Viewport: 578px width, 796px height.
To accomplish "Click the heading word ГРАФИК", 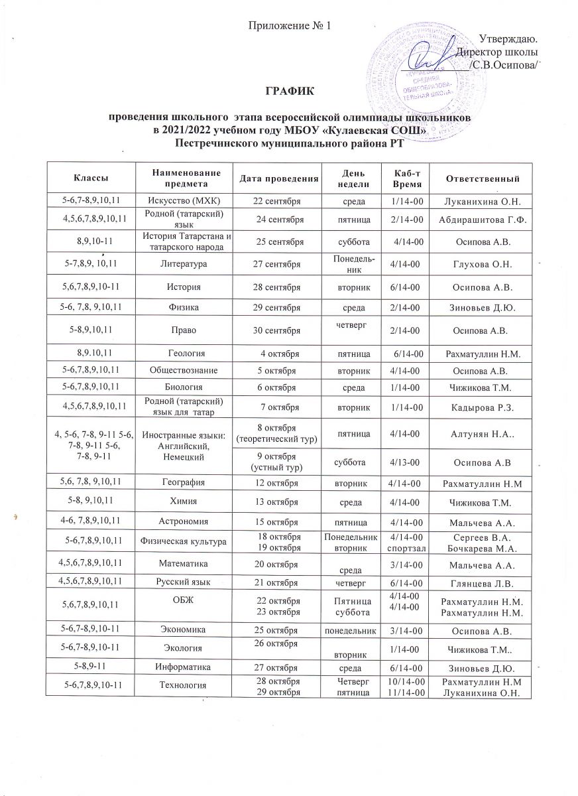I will (x=290, y=90).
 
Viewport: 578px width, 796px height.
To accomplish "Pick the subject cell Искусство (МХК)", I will (x=183, y=200).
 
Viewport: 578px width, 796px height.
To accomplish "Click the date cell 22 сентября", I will (x=278, y=200).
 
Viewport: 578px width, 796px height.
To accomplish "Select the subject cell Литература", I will (x=183, y=263).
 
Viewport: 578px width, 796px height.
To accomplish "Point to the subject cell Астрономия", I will (x=183, y=524).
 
